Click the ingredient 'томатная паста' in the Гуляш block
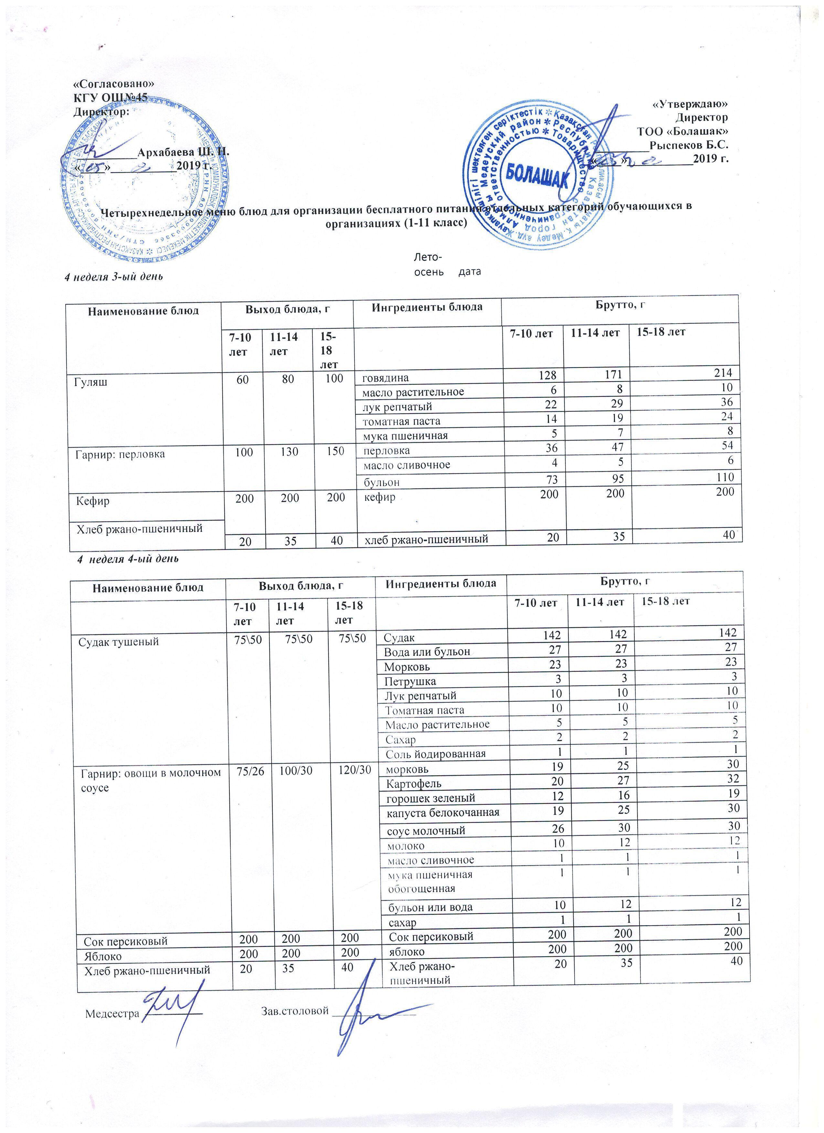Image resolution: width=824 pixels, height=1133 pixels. [x=401, y=421]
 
